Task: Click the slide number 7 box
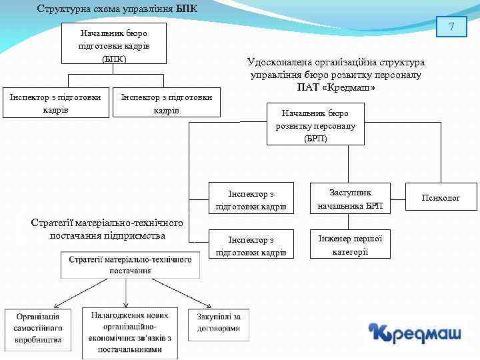pos(451,28)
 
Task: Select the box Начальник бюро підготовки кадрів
pos(113,45)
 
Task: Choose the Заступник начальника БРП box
pos(350,199)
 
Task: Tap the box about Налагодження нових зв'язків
pos(130,332)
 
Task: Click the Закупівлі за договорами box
pos(219,323)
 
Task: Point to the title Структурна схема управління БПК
pos(117,9)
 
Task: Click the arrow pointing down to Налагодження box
pos(127,293)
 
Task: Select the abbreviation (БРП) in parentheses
pos(315,138)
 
